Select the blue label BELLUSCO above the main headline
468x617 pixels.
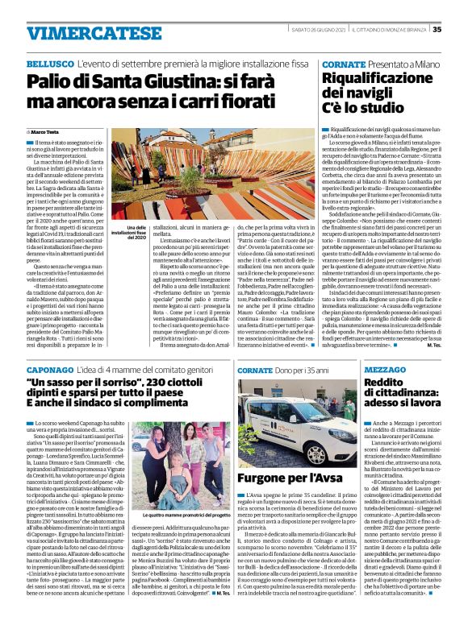point(49,63)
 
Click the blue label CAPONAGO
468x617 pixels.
point(51,368)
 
